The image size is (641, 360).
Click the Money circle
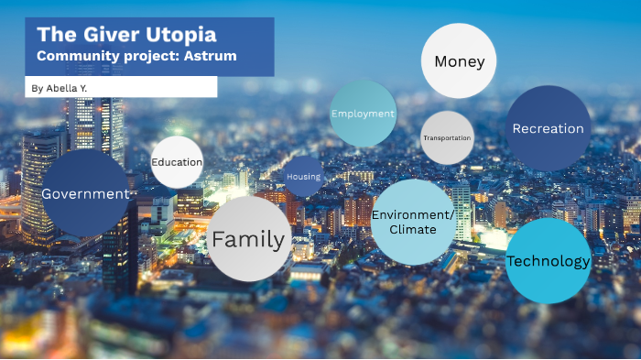point(458,61)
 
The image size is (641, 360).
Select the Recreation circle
point(548,128)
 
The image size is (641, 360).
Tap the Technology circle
point(548,261)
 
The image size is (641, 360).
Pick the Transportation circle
point(447,137)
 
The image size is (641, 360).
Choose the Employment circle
point(363,114)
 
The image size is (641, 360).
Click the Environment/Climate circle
point(413,222)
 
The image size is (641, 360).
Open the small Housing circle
point(303,176)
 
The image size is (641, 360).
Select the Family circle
point(249,240)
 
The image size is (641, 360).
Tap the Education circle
point(177,162)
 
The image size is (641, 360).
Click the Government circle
point(85,193)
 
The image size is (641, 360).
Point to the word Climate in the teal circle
point(413,229)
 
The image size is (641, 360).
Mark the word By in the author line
point(37,88)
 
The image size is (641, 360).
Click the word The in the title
point(54,36)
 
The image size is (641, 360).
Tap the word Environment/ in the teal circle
point(413,214)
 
